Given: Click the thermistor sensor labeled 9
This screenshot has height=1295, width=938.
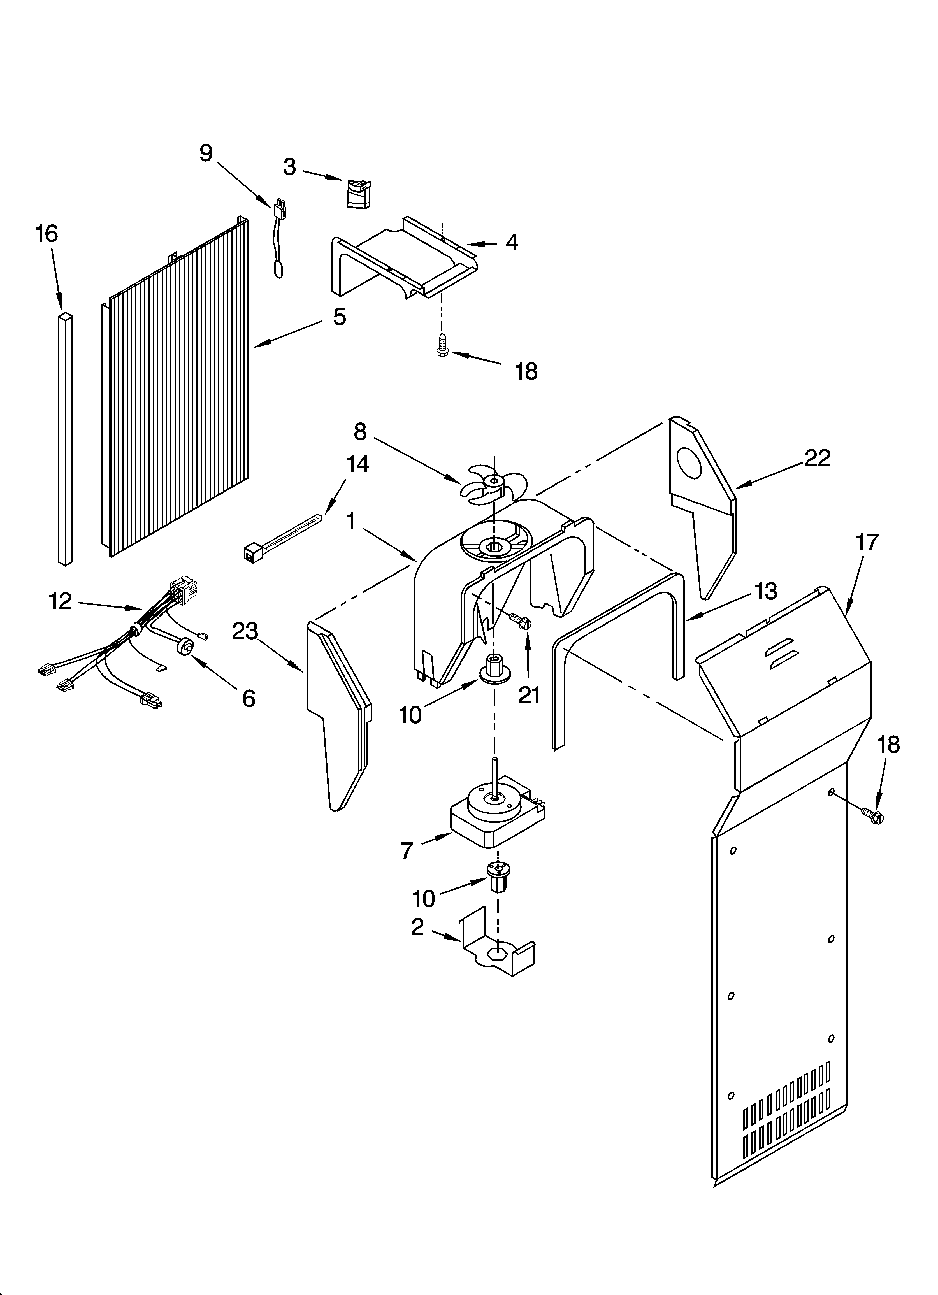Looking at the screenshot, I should point(280,240).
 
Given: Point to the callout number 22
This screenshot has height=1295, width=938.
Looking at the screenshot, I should point(817,458).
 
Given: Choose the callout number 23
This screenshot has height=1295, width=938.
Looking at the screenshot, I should point(245,631).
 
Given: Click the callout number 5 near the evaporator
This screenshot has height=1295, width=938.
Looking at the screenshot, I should point(339,316).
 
